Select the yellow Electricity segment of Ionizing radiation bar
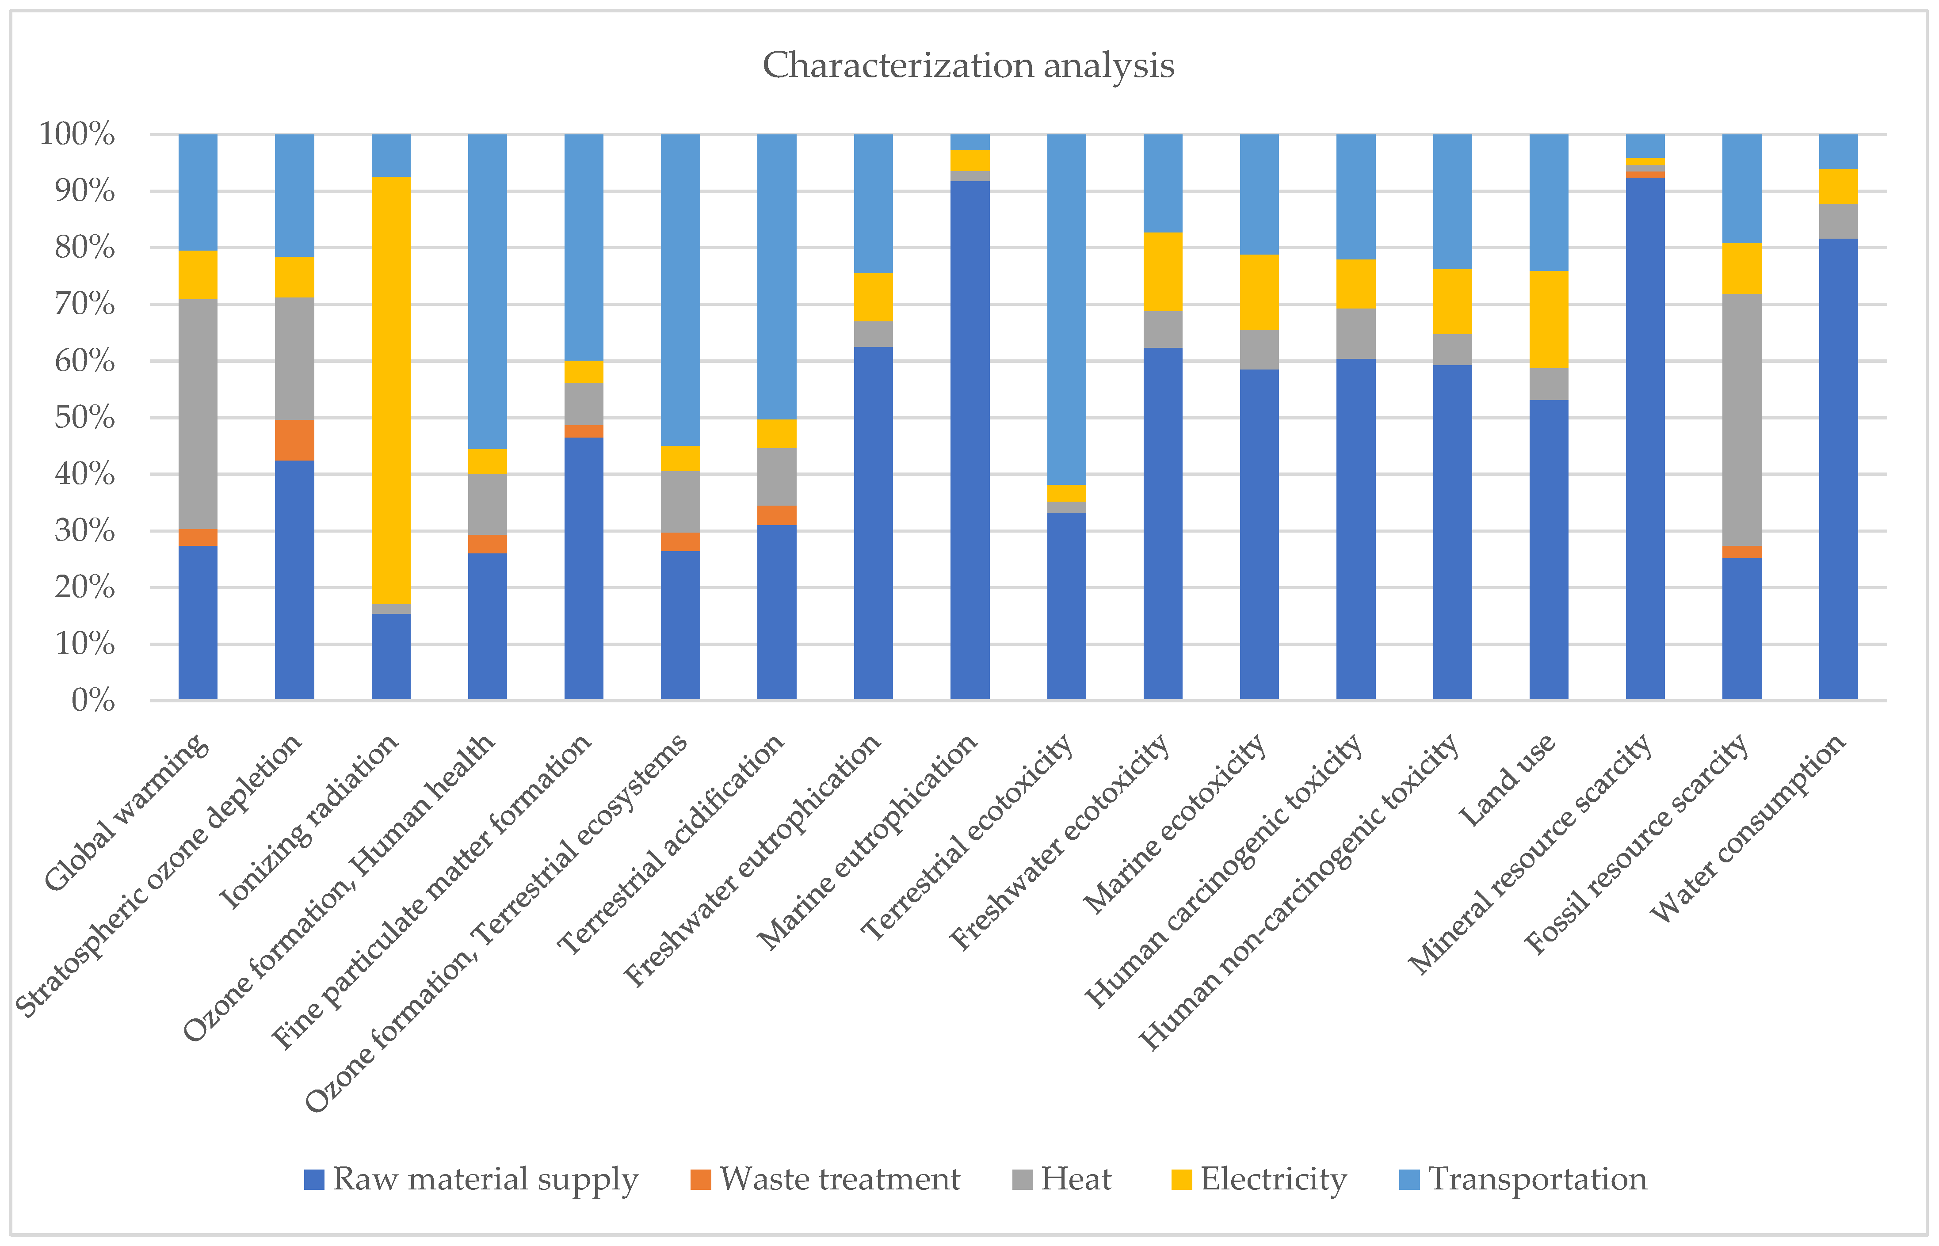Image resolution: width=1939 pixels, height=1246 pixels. coord(391,390)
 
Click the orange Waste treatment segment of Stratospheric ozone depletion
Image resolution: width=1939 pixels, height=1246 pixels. coord(294,440)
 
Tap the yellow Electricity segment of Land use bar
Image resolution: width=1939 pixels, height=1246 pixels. coord(1549,320)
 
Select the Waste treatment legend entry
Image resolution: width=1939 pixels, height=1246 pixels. coord(825,1179)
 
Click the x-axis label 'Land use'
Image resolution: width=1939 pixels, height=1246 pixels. coord(1507,780)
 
